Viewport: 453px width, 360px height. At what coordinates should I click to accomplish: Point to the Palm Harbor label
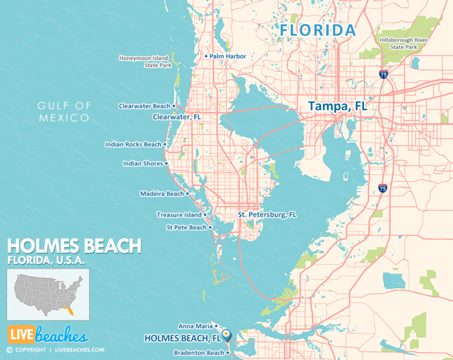[x=227, y=57]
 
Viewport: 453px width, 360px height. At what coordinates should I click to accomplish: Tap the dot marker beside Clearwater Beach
[x=175, y=106]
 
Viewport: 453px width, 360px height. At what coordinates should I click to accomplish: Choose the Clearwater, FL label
[x=177, y=117]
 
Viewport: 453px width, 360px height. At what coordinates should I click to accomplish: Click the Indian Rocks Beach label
[x=133, y=144]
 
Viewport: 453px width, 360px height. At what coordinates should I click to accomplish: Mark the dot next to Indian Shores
[x=167, y=163]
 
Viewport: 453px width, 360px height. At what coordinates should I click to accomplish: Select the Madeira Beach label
[x=162, y=194]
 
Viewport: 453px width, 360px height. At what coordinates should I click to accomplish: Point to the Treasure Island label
[x=179, y=215]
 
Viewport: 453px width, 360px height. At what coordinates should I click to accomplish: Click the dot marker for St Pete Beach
[x=211, y=227]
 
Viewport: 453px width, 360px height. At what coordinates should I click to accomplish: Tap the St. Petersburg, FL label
[x=267, y=215]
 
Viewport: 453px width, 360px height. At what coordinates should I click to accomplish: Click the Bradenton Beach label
[x=199, y=353]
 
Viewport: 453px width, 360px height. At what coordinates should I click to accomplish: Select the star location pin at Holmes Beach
[x=228, y=335]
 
